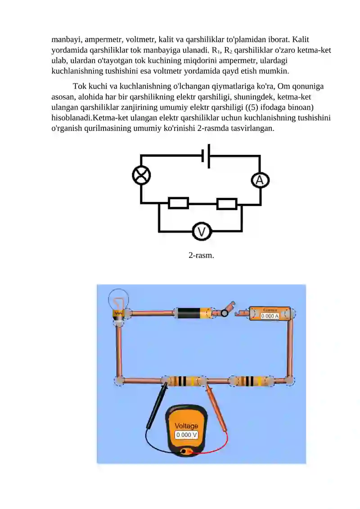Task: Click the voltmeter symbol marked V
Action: [202, 232]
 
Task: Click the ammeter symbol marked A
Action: [260, 180]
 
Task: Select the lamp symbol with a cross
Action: [141, 175]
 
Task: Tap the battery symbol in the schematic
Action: [206, 156]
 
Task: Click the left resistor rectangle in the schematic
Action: [178, 203]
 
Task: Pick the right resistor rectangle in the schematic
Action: [226, 204]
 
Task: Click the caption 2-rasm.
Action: [201, 255]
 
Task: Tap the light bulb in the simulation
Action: [118, 303]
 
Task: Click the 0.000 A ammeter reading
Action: [270, 316]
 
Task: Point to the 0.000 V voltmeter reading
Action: [186, 435]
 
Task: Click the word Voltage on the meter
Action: [186, 426]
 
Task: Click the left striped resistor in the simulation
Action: [183, 381]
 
